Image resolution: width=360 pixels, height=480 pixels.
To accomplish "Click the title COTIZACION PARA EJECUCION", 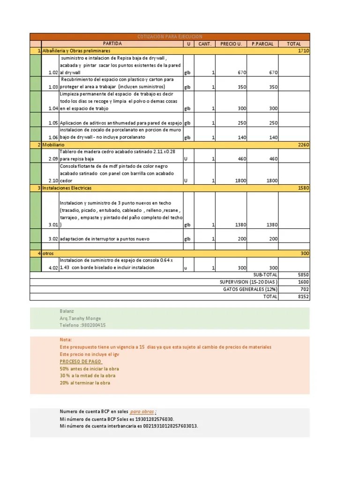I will [x=169, y=37].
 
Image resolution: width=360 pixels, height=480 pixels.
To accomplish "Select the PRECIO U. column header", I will [x=231, y=44].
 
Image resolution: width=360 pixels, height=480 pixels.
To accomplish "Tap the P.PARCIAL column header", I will [x=262, y=44].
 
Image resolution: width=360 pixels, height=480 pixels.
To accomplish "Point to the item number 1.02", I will [x=53, y=73].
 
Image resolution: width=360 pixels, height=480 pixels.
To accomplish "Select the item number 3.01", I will [x=53, y=225].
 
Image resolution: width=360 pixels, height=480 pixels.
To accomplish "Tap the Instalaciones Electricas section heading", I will [x=67, y=188].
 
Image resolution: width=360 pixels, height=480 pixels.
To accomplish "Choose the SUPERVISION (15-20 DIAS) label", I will [x=248, y=282].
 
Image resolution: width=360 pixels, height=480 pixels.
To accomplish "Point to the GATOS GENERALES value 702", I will [x=305, y=289].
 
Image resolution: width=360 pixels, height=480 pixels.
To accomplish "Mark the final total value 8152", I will [x=303, y=297].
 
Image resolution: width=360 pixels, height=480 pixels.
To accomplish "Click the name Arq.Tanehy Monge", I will [x=80, y=318].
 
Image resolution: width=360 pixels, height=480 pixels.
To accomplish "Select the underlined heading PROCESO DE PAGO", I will [x=81, y=361].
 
